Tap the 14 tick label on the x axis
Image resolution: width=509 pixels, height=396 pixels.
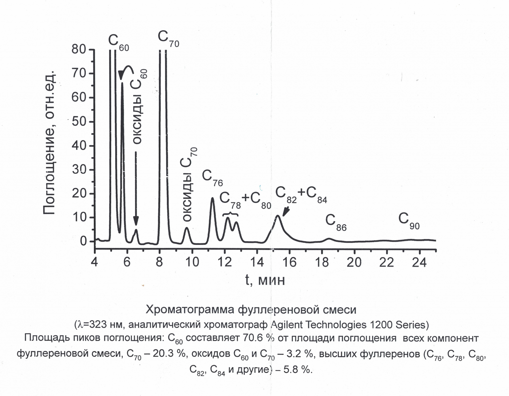coord(257,262)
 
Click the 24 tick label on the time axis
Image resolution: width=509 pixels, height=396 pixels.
coord(419,262)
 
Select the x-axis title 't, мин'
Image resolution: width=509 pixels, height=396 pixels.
coord(265,280)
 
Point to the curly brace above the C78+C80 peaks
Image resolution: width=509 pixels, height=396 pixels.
coord(230,214)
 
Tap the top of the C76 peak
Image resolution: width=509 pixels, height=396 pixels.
coord(212,198)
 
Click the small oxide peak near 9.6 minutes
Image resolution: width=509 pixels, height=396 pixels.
coord(187,228)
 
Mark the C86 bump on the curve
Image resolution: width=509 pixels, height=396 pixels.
coord(329,239)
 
